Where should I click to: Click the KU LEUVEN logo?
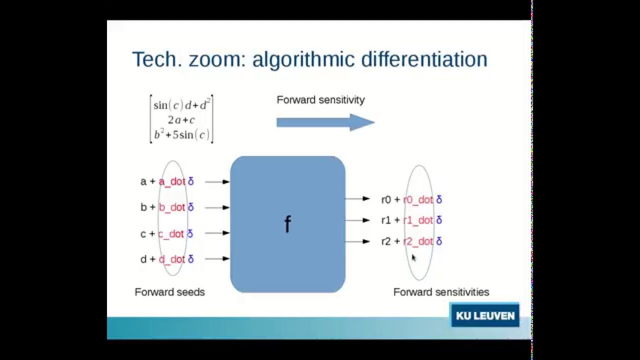[x=484, y=315]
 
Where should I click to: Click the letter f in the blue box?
[x=287, y=224]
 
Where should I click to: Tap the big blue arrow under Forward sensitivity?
[x=325, y=122]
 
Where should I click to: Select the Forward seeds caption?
[x=169, y=292]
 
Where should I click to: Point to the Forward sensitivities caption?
[x=441, y=292]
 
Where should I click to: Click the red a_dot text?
[x=172, y=181]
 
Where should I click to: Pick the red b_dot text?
[x=172, y=207]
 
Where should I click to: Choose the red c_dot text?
[x=171, y=233]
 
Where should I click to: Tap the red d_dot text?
[x=172, y=259]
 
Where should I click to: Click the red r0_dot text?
[x=418, y=199]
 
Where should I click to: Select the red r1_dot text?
[x=418, y=220]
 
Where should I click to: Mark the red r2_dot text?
[x=418, y=241]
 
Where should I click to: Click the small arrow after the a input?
[x=217, y=181]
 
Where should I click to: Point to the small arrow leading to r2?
[x=357, y=241]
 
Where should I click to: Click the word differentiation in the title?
[x=424, y=59]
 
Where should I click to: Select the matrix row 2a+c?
[x=181, y=120]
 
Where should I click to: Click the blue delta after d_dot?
[x=190, y=259]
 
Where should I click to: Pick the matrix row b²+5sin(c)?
[x=181, y=134]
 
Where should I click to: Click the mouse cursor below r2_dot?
[x=414, y=258]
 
